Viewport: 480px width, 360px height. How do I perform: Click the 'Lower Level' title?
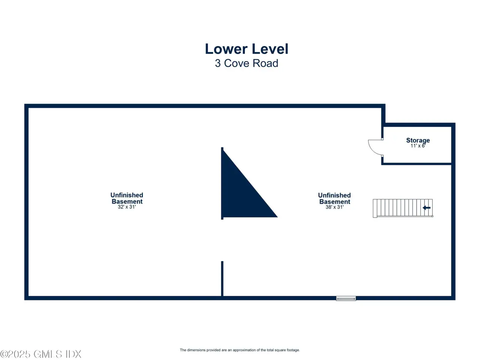(x=246, y=49)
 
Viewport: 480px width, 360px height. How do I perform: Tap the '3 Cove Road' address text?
(x=246, y=63)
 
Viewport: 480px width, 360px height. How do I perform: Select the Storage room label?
(x=418, y=140)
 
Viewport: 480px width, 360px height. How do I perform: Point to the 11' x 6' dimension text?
(x=418, y=146)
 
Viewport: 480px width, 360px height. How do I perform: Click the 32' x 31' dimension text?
(x=127, y=207)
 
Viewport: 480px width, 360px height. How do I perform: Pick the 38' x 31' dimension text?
(x=334, y=207)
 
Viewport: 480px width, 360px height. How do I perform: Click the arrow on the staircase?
(x=426, y=208)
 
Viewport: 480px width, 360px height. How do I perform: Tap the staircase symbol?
(x=403, y=208)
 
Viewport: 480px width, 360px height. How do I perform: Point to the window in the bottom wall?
(x=346, y=298)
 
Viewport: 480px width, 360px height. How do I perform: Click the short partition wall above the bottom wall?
(x=222, y=279)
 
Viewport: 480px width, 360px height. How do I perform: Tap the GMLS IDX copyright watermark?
(x=40, y=354)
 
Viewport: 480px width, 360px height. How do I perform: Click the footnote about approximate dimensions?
(x=240, y=350)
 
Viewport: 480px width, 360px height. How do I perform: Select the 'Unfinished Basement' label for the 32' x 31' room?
(x=127, y=198)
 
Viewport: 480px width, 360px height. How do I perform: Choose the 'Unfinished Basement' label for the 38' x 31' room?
(x=334, y=198)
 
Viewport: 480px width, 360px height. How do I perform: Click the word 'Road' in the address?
(x=265, y=63)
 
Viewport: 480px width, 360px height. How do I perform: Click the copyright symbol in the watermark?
(x=4, y=354)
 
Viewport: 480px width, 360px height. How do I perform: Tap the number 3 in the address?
(x=217, y=63)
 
